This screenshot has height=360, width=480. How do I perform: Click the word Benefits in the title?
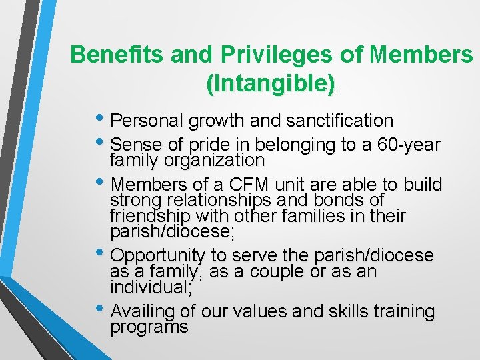pyautogui.click(x=117, y=55)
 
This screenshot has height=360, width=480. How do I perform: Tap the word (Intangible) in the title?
pyautogui.click(x=270, y=83)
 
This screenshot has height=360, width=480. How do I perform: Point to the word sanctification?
pyautogui.click(x=339, y=121)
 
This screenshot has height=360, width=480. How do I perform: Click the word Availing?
pyautogui.click(x=141, y=311)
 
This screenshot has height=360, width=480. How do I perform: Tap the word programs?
pyautogui.click(x=149, y=327)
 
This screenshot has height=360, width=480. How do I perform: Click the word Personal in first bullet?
pyautogui.click(x=147, y=121)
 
